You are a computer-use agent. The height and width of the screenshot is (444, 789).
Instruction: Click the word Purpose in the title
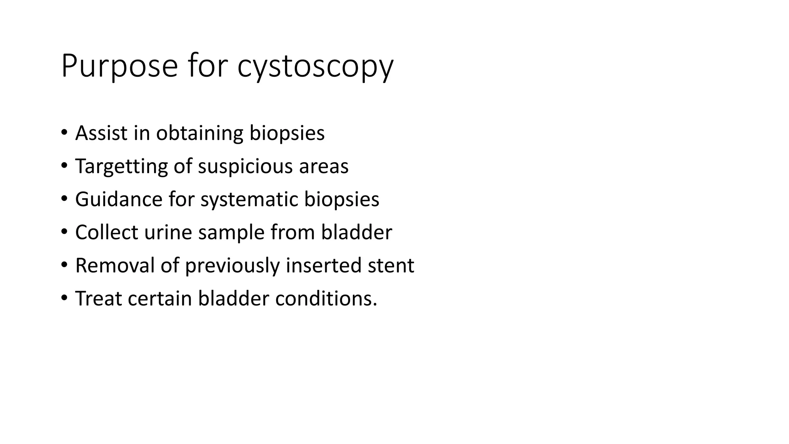point(119,66)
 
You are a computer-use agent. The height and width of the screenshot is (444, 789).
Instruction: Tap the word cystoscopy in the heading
point(315,66)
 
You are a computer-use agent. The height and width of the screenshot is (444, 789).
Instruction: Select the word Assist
point(101,133)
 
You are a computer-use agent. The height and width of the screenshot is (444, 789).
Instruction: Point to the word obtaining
point(200,133)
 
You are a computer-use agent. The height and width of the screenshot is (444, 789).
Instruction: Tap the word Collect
point(107,232)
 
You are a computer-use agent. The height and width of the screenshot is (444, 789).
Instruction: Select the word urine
point(168,232)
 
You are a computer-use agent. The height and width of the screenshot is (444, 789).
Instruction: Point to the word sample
point(231,232)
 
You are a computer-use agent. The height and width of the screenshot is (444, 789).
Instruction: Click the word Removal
point(115,266)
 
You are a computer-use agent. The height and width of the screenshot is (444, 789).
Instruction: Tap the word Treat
point(98,299)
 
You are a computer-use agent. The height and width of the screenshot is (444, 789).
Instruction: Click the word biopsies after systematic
point(342,199)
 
